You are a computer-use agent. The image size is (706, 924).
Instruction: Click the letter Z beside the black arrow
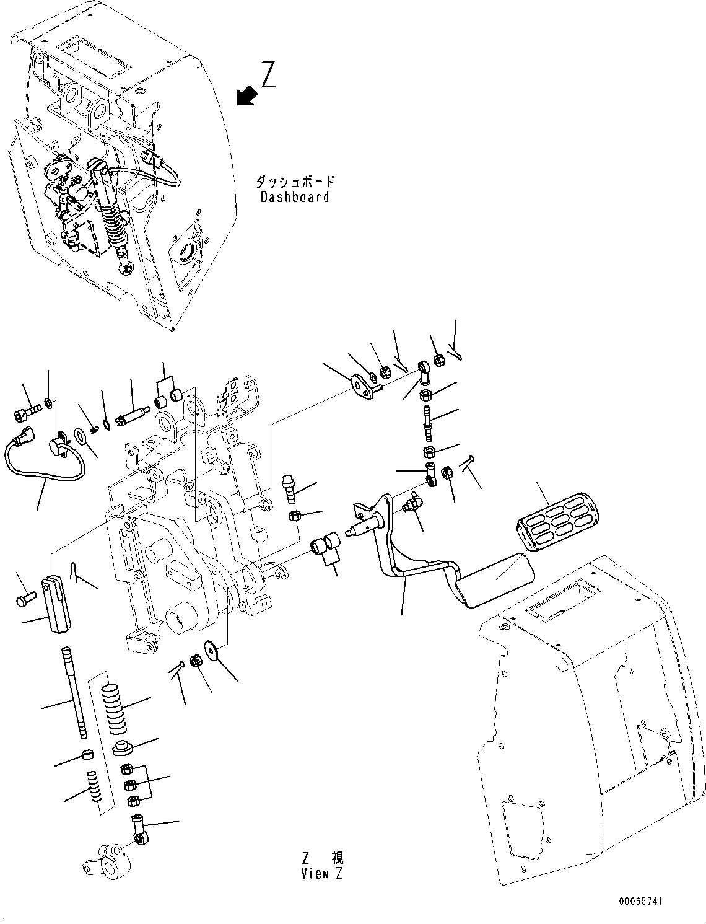pos(269,74)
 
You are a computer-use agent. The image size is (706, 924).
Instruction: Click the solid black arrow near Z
pos(247,96)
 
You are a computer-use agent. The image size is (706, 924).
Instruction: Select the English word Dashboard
pos(295,198)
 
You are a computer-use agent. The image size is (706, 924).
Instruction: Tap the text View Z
pos(321,874)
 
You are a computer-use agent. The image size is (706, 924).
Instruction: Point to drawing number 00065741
pos(639,902)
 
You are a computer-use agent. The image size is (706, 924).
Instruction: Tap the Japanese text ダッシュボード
pos(295,182)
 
